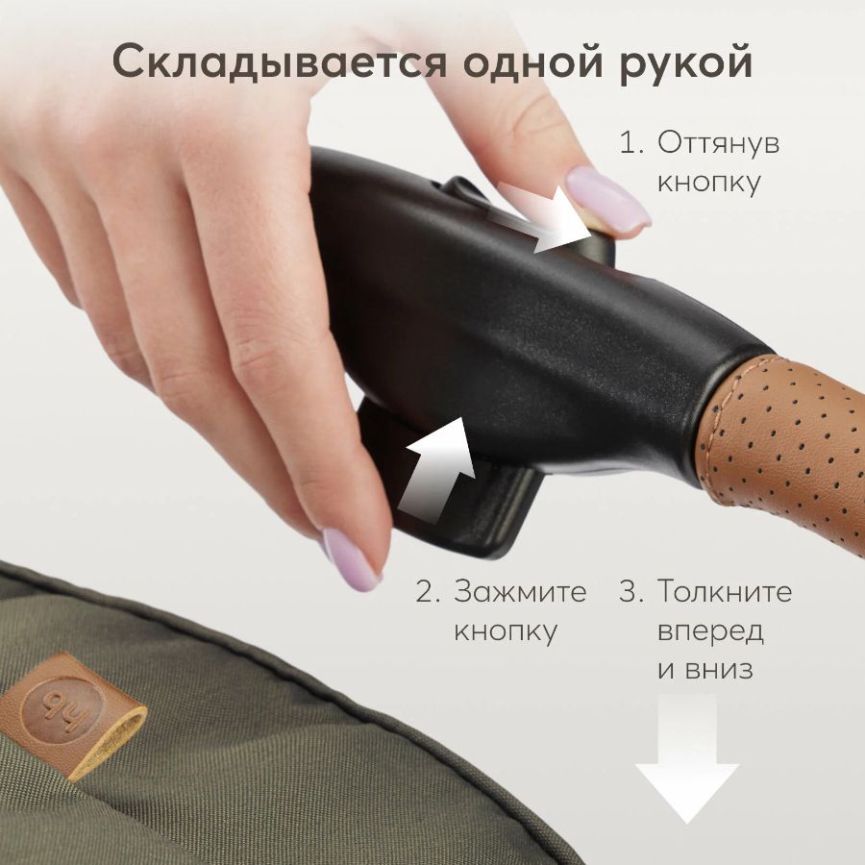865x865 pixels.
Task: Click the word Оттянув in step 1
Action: [x=718, y=143]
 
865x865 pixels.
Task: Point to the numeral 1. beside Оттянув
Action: [x=631, y=142]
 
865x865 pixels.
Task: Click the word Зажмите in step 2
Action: [x=520, y=592]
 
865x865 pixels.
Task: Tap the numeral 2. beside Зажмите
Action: [x=428, y=592]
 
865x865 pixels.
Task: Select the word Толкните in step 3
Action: [x=725, y=591]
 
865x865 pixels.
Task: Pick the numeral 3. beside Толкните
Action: [x=631, y=591]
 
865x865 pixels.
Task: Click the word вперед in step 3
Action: [x=710, y=632]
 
